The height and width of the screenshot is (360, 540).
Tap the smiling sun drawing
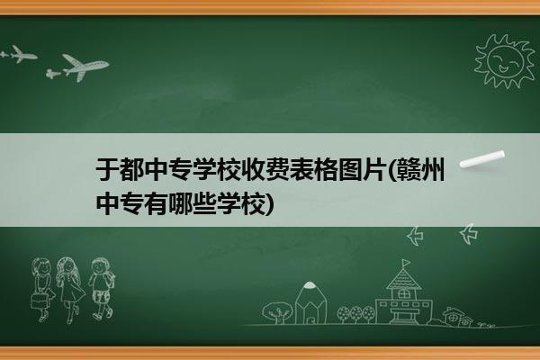point(505,61)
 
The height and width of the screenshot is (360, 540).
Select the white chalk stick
point(482,159)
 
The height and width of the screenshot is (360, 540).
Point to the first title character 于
point(107,169)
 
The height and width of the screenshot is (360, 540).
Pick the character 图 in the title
point(351,169)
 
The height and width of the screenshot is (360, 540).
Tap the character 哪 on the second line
point(180,204)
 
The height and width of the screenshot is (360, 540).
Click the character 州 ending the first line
point(433,169)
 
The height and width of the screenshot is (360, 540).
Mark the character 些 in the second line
point(204,204)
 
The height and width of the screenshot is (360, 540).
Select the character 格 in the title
point(327,169)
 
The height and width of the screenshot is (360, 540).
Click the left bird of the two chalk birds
point(415,236)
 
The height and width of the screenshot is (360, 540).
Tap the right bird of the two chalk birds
point(468,234)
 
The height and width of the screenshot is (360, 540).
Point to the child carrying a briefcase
point(42,290)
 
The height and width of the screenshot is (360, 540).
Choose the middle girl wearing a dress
point(70,290)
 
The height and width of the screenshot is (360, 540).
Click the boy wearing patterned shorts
point(101,289)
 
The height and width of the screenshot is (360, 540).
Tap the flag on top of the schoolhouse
point(407,264)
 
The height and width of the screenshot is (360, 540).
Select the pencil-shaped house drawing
point(310,302)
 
